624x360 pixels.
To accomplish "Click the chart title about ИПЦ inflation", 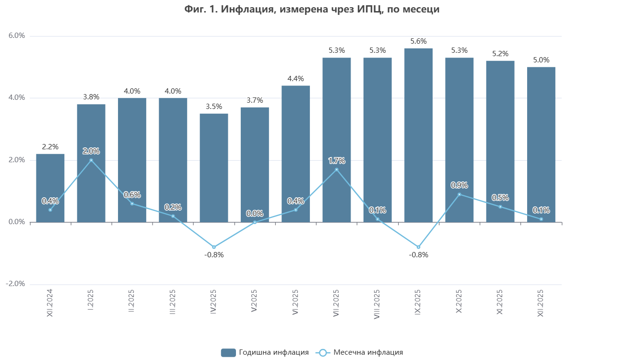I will pos(312,9).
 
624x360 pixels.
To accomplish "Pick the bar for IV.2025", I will pos(214,168).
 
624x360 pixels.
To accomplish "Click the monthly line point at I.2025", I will pos(91,160).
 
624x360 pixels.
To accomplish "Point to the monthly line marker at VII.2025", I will pos(337,169).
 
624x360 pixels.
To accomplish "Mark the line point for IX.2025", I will pos(418,247).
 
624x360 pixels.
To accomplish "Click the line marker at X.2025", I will pos(459,194).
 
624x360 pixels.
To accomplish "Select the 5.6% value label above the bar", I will pos(418,41).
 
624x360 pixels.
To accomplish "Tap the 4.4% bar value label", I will pos(295,79).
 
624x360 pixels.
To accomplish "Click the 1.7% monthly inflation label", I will pos(337,161).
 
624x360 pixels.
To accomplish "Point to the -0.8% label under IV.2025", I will pos(214,255).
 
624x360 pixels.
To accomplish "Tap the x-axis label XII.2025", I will pos(541,302).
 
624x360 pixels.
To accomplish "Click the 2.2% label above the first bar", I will pos(50,147).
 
